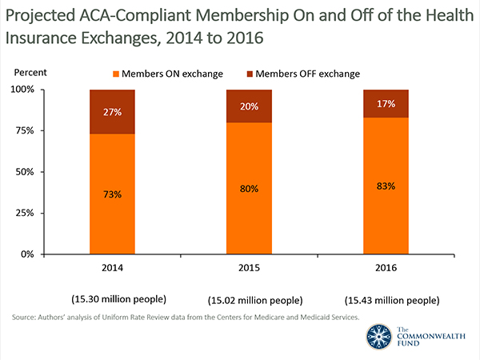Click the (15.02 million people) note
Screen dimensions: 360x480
click(x=255, y=301)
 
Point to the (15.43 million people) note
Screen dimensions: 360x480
click(x=392, y=301)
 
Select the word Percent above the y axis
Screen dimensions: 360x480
click(x=31, y=73)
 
